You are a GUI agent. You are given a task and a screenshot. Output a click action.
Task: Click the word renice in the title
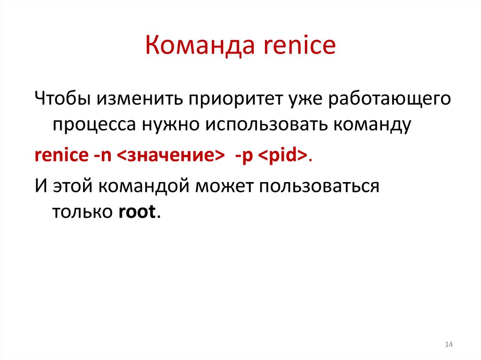point(297,46)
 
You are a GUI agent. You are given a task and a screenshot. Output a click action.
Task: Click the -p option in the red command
point(244,157)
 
